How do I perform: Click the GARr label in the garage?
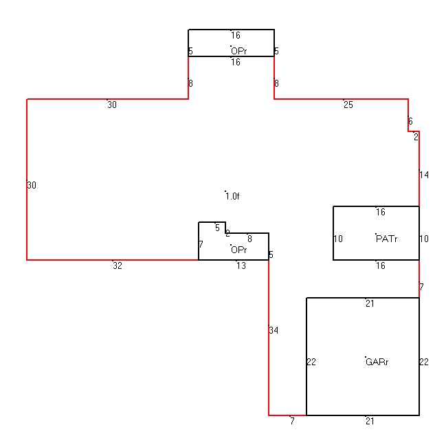point(377,362)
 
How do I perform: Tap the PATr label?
point(386,239)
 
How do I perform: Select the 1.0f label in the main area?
point(232,196)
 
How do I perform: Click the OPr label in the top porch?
point(239,51)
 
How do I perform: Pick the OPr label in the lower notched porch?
point(239,250)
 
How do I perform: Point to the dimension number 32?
point(118,265)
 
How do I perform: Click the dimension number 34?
point(274,330)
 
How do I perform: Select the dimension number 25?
point(348,105)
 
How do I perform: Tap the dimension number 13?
point(241,265)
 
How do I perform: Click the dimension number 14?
point(424,175)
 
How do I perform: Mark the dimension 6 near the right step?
point(410,121)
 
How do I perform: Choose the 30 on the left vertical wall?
point(32,185)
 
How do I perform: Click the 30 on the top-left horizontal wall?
point(112,105)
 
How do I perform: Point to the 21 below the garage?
point(370,421)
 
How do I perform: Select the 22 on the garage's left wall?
point(311,362)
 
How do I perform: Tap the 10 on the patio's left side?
point(338,239)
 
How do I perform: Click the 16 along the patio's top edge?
point(381,212)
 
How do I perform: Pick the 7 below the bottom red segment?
point(292,421)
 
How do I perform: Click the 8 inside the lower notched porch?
point(249,239)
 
